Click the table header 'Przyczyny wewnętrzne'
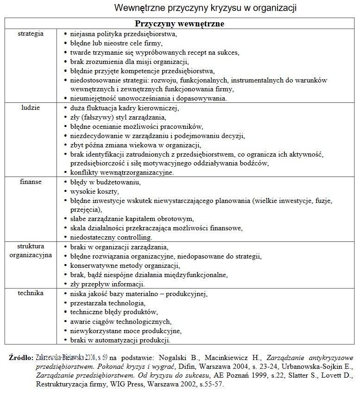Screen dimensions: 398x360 [180, 24]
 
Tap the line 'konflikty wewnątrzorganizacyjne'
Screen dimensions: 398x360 [122, 172]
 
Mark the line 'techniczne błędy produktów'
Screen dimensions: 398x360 [114, 312]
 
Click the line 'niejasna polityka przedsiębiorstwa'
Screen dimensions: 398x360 [124, 34]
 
